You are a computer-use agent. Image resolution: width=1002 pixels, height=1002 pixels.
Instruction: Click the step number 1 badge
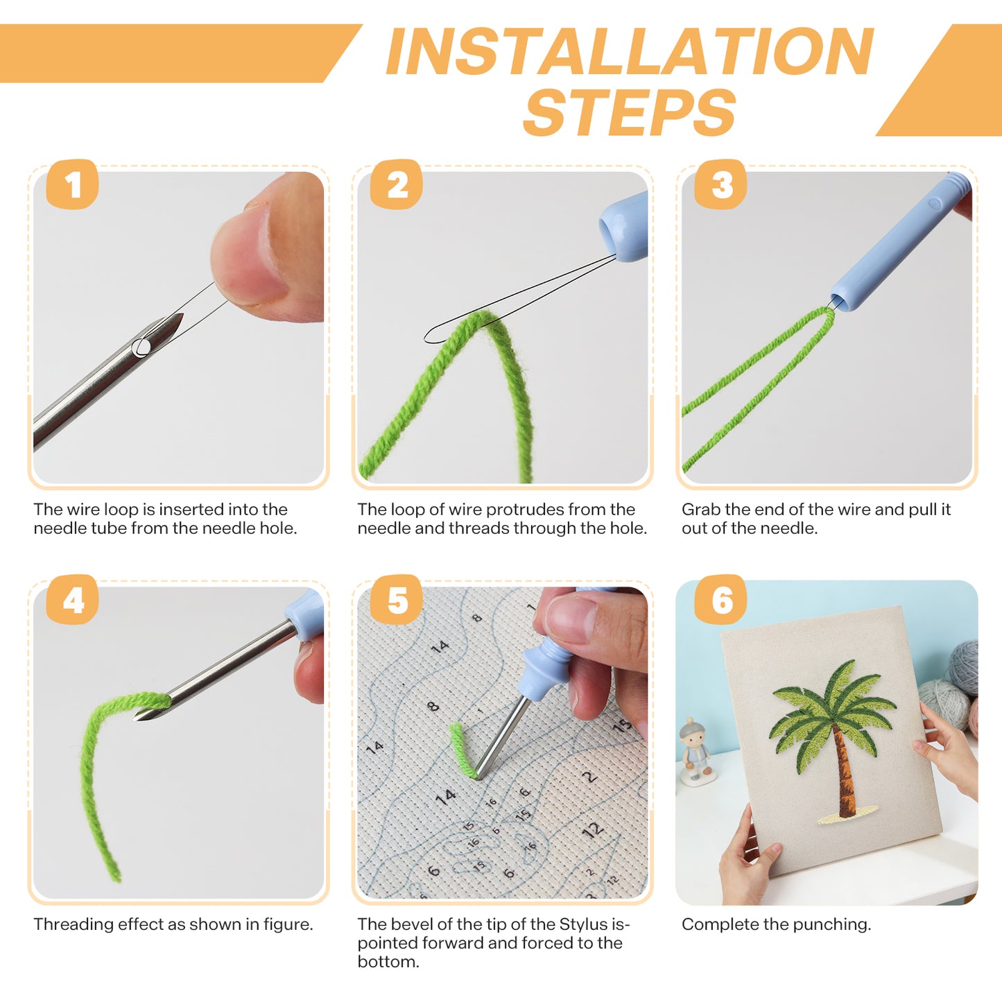point(72,184)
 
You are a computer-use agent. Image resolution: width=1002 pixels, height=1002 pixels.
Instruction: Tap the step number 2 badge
point(396,184)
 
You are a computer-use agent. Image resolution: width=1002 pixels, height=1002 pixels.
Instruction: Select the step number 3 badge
point(720,184)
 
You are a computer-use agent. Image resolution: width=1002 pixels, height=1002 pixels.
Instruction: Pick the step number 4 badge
point(72,600)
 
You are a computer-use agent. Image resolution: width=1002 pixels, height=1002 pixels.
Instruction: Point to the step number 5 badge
point(396,600)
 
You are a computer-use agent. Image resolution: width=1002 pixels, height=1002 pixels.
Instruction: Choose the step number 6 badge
point(720,600)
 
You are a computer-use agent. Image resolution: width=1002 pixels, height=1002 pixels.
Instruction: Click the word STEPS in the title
point(630,112)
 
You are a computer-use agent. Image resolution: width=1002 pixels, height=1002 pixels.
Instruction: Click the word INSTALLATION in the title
point(630,51)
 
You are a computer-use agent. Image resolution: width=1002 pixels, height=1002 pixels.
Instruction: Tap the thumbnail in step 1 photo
point(250,260)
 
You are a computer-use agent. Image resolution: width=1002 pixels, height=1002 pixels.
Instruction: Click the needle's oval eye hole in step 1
point(141,347)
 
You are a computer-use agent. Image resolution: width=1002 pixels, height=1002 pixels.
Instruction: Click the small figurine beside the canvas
point(696,752)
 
